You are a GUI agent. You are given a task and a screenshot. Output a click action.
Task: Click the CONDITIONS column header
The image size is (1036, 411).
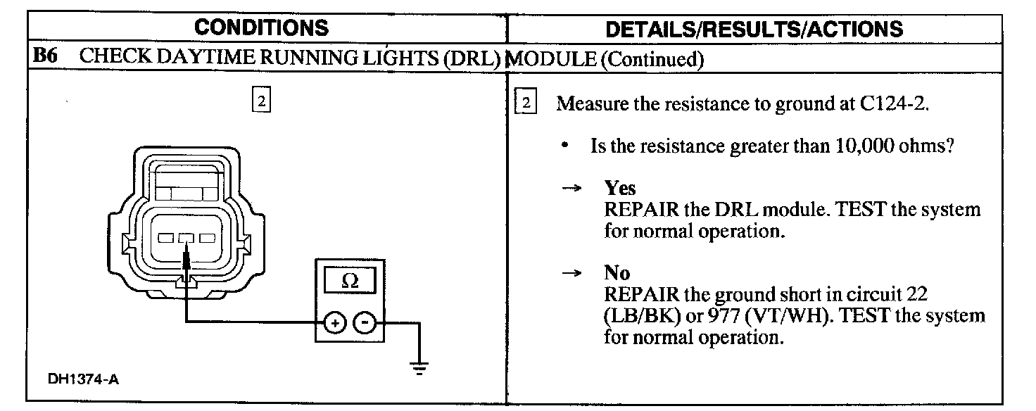click(261, 27)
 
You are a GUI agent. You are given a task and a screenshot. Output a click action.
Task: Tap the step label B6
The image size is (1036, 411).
click(46, 57)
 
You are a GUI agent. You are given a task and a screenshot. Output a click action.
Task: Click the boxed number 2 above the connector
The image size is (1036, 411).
click(261, 101)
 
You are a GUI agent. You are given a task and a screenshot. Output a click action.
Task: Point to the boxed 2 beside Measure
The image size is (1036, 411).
click(526, 103)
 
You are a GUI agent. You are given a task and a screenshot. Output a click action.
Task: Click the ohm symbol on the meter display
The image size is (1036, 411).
click(348, 281)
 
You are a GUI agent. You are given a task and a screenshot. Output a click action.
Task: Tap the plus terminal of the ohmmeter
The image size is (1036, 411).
click(335, 323)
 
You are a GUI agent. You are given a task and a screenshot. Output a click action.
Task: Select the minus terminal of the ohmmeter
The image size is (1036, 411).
click(364, 323)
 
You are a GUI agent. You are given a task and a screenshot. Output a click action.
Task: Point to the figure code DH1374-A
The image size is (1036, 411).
click(83, 380)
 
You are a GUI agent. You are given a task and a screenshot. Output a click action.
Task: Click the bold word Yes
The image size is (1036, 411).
click(620, 188)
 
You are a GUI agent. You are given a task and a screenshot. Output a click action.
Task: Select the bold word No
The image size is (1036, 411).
click(617, 273)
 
